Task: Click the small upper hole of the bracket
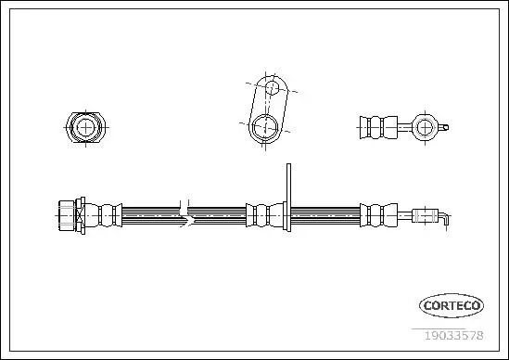pyautogui.click(x=273, y=89)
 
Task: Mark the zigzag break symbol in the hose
pyautogui.click(x=188, y=215)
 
